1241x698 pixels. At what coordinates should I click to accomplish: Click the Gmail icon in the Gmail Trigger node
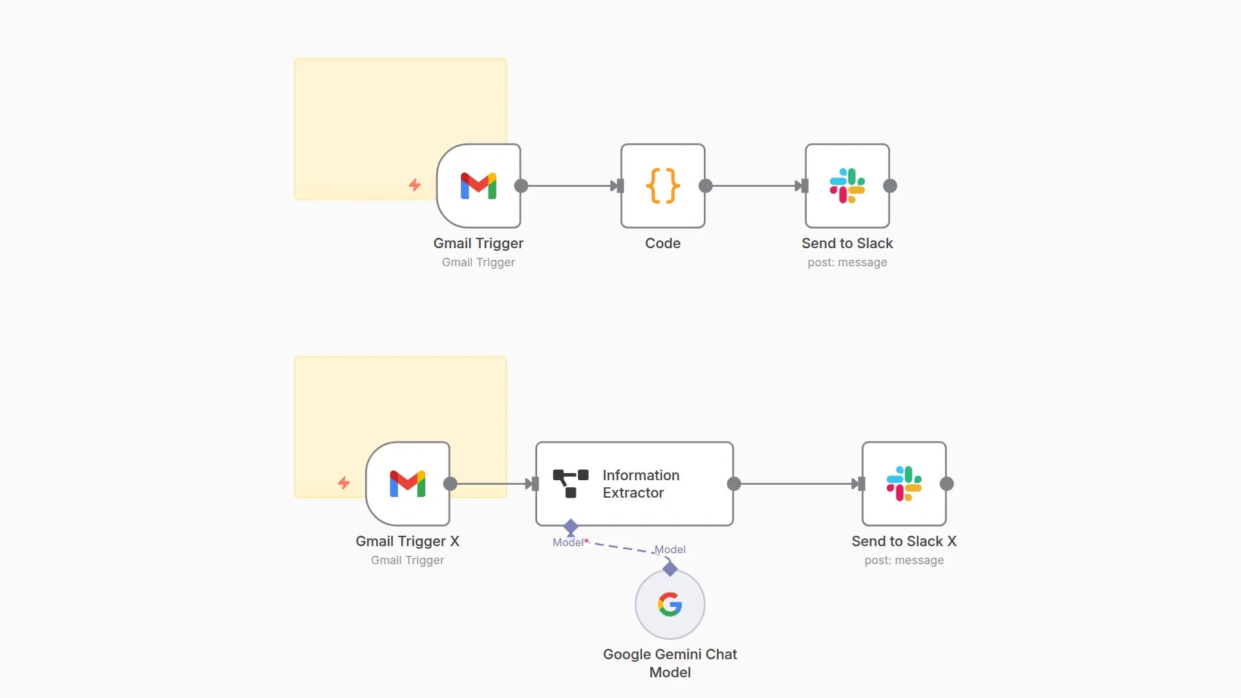[478, 186]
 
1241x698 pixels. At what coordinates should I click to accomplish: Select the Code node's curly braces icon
[663, 186]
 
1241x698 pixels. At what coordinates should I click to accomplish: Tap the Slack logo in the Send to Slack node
[847, 186]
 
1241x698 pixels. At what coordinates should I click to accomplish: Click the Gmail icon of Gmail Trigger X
[407, 483]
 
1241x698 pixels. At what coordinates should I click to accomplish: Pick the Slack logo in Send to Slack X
[904, 483]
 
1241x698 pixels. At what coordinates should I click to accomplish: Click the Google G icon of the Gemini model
[670, 604]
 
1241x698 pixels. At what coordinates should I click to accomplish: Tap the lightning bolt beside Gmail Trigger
[415, 185]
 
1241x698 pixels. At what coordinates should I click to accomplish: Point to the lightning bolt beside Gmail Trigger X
[344, 483]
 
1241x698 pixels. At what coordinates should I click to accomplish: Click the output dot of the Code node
[705, 186]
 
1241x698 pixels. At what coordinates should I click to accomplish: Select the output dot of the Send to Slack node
[890, 186]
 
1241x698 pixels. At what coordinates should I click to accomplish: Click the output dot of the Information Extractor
[734, 483]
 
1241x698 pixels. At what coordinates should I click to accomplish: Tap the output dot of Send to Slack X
[947, 483]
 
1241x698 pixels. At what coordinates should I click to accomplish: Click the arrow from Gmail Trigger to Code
[569, 186]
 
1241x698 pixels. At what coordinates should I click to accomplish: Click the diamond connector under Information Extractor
[571, 527]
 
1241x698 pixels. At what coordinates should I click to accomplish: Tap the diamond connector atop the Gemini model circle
[670, 569]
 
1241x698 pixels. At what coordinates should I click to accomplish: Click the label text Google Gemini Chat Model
[670, 663]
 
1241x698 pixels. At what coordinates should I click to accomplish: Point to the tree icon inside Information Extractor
[570, 483]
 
